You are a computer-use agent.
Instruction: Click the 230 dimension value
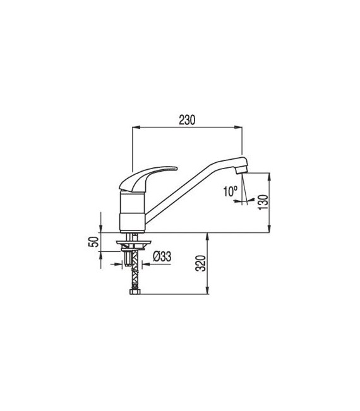point(188,119)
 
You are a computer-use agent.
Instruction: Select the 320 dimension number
point(200,264)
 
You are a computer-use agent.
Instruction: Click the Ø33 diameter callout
point(164,256)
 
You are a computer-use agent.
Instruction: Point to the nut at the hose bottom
point(134,292)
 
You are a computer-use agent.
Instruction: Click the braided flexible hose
point(134,275)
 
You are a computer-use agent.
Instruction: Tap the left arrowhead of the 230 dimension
point(133,127)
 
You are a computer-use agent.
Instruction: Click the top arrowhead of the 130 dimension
point(270,176)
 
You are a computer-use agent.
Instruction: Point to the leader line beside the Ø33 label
point(146,265)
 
